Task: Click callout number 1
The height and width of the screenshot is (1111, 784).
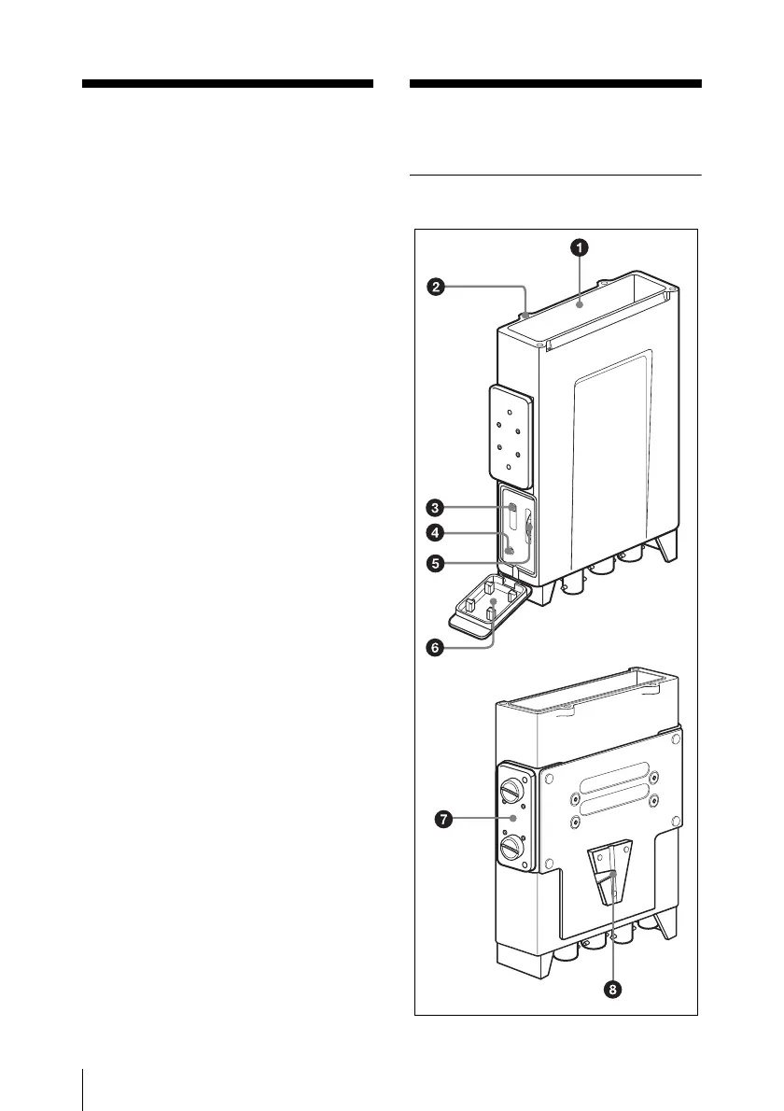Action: [580, 246]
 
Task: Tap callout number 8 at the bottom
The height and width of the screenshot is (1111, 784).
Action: [612, 989]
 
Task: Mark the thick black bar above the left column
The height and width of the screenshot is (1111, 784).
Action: [228, 84]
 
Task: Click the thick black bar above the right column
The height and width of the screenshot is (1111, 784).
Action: [555, 84]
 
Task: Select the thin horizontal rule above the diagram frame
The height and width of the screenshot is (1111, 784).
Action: [555, 175]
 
